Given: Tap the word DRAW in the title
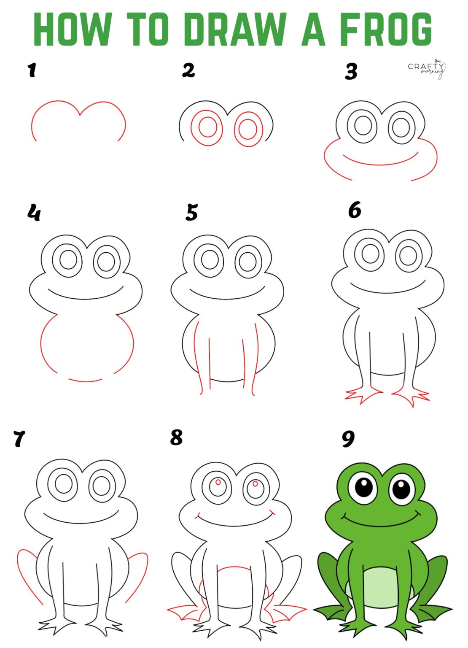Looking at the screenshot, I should coord(234,29).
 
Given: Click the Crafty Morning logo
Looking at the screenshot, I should coord(426,69).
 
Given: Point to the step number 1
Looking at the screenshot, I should coord(32,70).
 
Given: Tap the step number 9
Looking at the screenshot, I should coord(348,439).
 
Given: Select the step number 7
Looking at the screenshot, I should coord(19,439).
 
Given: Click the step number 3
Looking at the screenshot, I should coord(351,71).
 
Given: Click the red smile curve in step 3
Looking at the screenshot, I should coord(379,164).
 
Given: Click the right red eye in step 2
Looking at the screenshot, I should coord(248,129).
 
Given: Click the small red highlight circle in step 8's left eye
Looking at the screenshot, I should coord(218,482).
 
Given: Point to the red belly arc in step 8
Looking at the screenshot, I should coord(232,569).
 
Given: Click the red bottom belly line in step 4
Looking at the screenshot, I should coord(86,381).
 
